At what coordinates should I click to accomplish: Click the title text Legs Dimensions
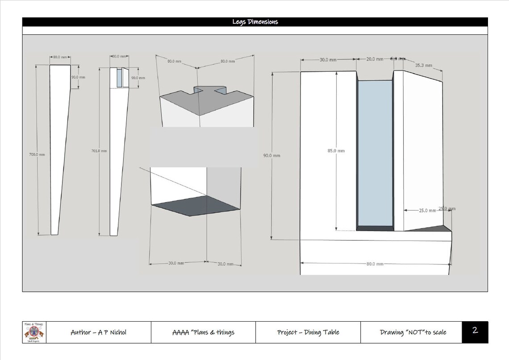point(255,22)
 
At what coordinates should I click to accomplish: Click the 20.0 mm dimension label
point(374,59)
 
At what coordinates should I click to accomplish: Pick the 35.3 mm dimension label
point(423,65)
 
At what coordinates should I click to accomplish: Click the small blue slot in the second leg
point(119,79)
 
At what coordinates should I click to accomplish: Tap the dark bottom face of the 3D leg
point(196,206)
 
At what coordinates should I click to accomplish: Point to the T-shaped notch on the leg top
point(208,91)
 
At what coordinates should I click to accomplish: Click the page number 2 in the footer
point(475,331)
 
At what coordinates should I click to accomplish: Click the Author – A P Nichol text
point(98,332)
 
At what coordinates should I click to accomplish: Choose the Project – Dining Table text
point(308,332)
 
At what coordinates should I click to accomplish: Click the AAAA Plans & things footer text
point(203,332)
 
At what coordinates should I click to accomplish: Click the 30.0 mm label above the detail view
point(328,59)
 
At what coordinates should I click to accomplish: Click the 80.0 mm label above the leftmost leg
point(60,57)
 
